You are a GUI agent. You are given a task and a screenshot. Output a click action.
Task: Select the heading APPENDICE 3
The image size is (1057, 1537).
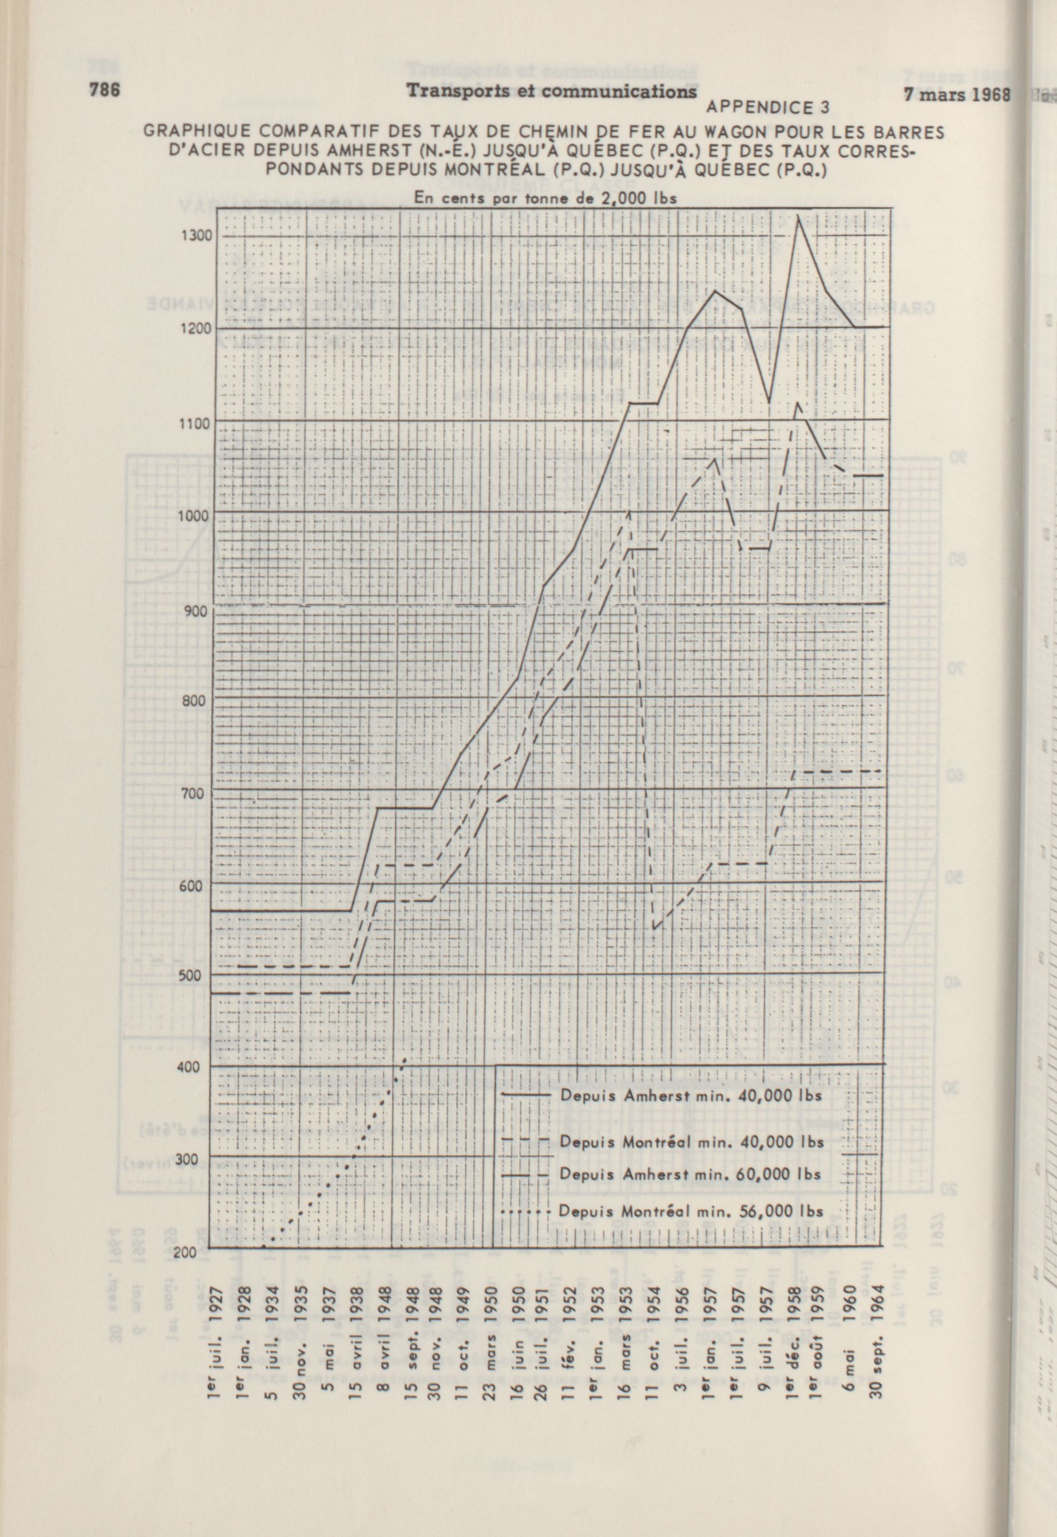click(x=768, y=107)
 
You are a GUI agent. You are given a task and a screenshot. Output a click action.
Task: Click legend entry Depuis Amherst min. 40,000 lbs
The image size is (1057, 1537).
click(x=690, y=1095)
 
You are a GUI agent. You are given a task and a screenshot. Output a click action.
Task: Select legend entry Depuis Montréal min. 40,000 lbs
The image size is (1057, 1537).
click(x=690, y=1141)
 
